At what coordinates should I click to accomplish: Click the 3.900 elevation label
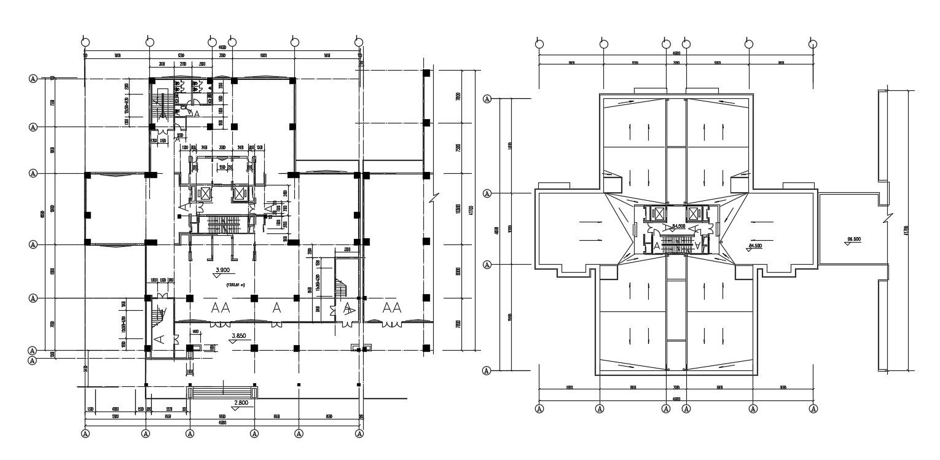coord(222,270)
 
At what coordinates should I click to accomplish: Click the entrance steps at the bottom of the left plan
coord(222,392)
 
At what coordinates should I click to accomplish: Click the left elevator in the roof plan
coord(659,214)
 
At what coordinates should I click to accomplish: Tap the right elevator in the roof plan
coord(695,214)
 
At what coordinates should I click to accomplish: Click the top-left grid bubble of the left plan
coord(85,42)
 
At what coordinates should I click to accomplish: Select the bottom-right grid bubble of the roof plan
coord(814,409)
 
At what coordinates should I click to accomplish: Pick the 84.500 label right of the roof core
coord(755,246)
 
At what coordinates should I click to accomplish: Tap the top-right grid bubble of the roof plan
coord(813,44)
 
